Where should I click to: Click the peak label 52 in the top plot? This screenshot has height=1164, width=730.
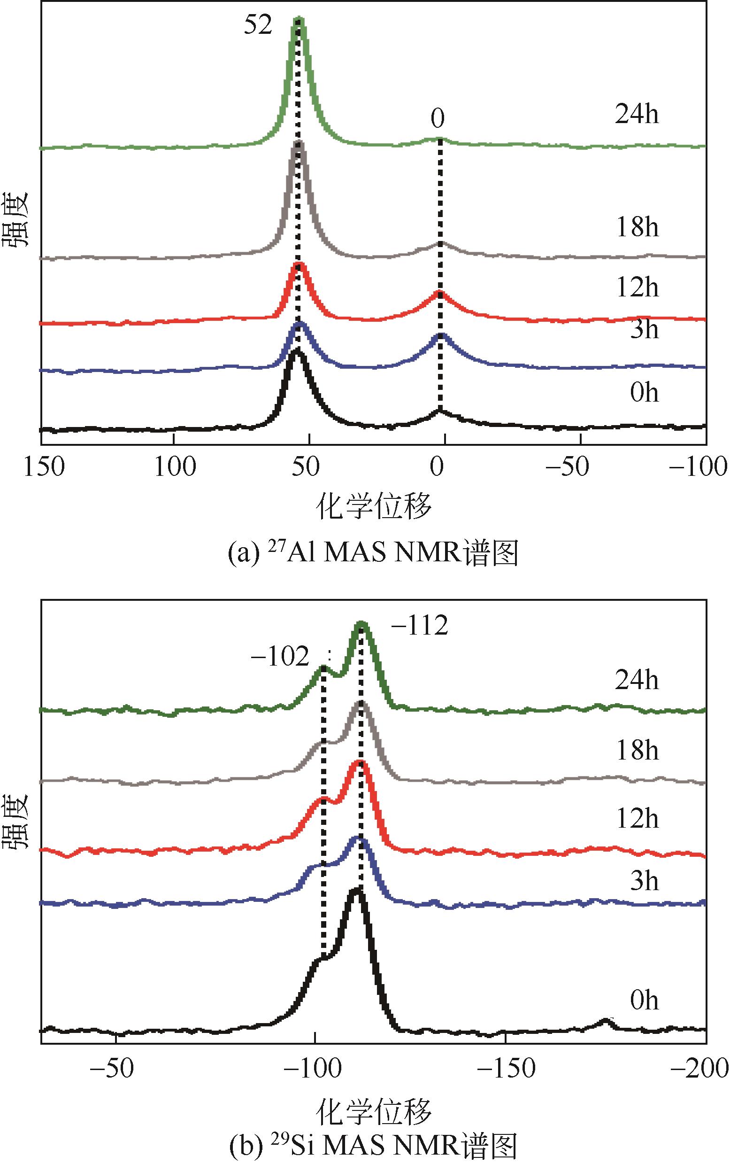coord(258,25)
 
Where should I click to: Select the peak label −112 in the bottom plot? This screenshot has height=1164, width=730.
coord(420,626)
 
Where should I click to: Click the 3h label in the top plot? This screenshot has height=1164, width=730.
coord(644,329)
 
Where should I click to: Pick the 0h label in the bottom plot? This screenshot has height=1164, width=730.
coord(644,1001)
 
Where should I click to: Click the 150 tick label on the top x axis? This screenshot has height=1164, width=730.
coord(44,467)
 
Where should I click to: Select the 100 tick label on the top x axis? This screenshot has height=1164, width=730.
coord(175,467)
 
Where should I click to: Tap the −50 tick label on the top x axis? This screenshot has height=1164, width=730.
coord(567,467)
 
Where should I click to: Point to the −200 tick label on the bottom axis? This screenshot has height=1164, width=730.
coord(699,1068)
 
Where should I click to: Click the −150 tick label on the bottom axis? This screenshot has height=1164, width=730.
coord(506,1068)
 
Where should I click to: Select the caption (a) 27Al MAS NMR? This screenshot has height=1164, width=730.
coord(373,553)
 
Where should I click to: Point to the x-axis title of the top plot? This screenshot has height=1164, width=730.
coord(373,507)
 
